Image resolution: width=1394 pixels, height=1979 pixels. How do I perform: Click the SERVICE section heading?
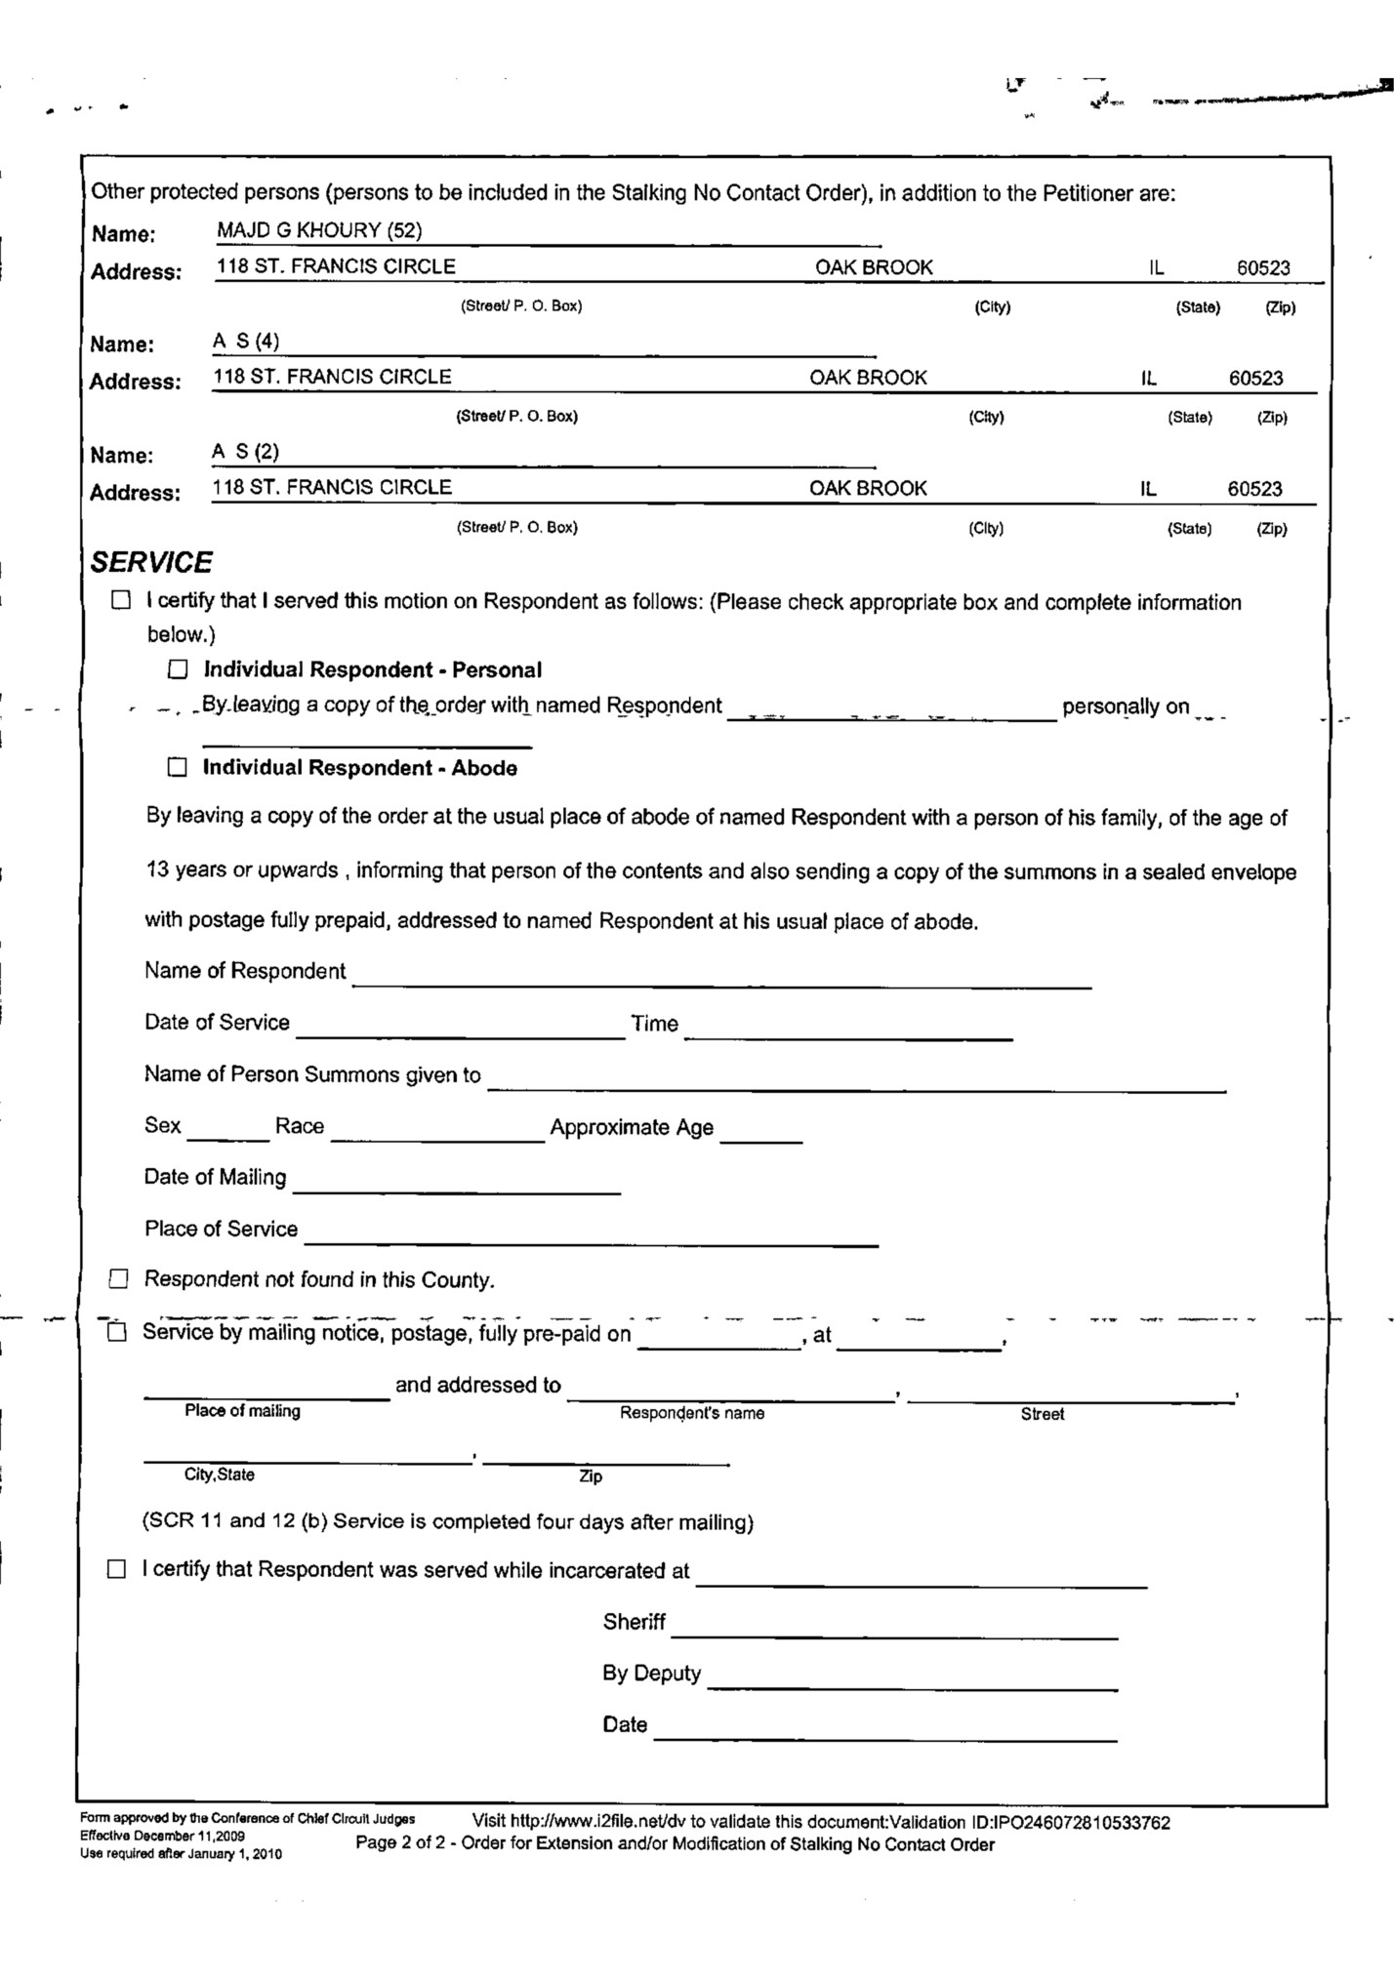(x=151, y=563)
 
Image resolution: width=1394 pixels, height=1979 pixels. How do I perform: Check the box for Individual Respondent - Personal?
(x=178, y=669)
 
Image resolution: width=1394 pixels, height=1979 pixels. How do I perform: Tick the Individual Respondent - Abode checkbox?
(x=177, y=768)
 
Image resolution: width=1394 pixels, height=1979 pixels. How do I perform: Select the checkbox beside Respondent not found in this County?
(x=119, y=1279)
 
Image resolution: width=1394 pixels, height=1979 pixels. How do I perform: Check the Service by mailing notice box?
(x=117, y=1333)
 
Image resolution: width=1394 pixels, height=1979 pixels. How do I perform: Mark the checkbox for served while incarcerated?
(x=117, y=1570)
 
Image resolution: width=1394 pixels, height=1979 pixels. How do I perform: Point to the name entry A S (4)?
(x=246, y=342)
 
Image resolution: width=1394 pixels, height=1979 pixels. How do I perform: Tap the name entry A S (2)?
(x=246, y=452)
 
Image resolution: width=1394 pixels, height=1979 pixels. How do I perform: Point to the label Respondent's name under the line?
(x=692, y=1413)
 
